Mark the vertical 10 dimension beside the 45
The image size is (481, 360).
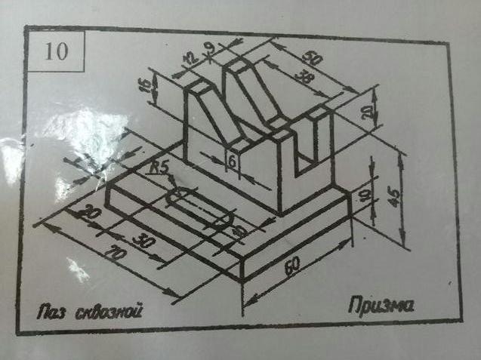click(368, 195)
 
